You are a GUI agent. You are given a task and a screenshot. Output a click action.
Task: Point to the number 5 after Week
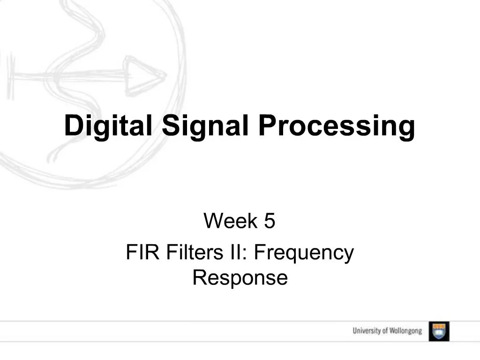269,221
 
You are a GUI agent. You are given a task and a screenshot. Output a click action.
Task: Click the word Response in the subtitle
240,278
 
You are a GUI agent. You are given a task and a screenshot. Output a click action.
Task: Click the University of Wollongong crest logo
439,331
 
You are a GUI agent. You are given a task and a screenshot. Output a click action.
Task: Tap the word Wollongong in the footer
406,331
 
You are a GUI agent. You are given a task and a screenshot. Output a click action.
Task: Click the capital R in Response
199,278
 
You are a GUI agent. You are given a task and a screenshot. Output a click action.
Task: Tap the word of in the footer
385,331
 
